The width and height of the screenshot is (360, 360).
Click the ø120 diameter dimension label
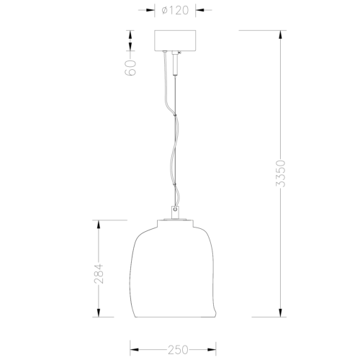coord(175,10)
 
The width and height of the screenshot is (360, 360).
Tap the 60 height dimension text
coord(131,68)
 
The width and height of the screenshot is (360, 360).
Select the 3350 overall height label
coord(280,174)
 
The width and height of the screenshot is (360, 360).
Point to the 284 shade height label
coord(99,274)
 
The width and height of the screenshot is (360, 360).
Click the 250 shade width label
coord(178,350)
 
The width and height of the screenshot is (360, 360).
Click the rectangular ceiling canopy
coord(175,40)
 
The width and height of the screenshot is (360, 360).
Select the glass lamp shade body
coord(173,269)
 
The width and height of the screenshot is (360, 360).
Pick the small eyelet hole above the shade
coord(176,210)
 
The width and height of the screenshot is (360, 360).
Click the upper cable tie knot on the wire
coord(175,115)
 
